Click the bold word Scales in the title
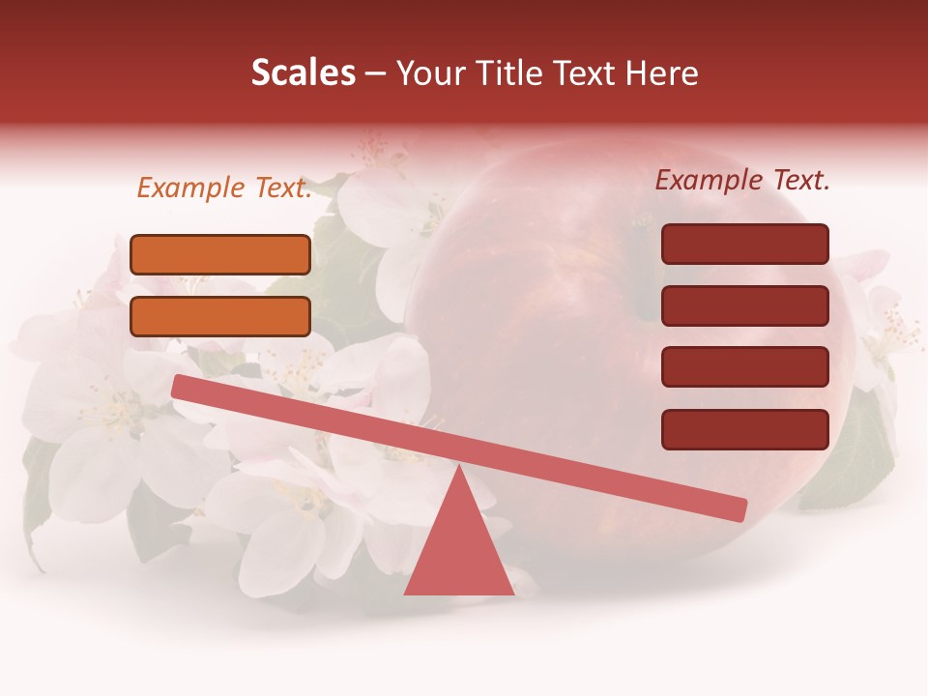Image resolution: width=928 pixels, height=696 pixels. pos(303,72)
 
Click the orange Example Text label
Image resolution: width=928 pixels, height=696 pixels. pos(224,188)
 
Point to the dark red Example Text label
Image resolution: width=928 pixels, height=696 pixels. pos(742,180)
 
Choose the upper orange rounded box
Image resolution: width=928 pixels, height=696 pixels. pos(220,254)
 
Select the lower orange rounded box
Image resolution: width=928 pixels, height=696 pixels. pos(220,316)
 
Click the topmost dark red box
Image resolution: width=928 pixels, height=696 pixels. pos(744,244)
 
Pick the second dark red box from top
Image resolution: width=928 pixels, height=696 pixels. pos(744,305)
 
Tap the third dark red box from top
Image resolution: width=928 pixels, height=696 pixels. pos(744,367)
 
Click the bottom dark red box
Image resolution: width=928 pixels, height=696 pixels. pos(744,429)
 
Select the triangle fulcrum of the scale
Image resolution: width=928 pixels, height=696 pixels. pos(458,551)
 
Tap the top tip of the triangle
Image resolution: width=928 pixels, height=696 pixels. pos(459,468)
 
